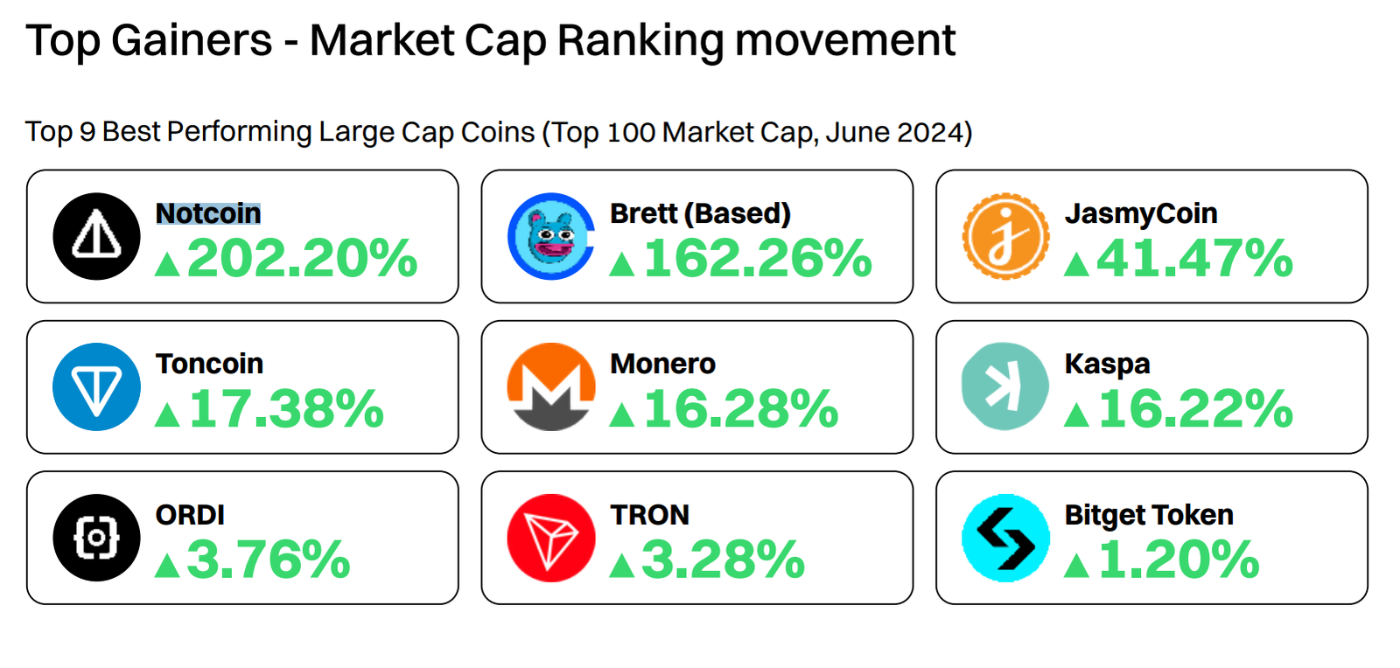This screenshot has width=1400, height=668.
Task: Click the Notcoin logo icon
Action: (96, 236)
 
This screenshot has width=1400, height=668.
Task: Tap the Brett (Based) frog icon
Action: (551, 236)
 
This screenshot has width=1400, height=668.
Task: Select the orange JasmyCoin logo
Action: (1005, 236)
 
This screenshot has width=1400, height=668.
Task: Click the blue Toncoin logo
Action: (96, 386)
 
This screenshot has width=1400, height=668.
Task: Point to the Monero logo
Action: (551, 386)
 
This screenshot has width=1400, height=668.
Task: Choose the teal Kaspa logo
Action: (1005, 386)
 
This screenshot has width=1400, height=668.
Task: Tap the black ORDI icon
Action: (96, 538)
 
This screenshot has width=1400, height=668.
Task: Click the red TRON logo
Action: (551, 538)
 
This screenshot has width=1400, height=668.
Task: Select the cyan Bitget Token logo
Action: (1005, 538)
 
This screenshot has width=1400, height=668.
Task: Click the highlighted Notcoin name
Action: (208, 213)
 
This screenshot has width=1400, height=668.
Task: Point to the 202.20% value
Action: (302, 259)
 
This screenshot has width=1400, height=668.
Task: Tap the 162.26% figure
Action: (758, 259)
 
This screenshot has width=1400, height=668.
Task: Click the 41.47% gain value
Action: (1194, 259)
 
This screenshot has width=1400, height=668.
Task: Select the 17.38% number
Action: (286, 409)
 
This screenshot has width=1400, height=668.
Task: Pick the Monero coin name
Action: (662, 364)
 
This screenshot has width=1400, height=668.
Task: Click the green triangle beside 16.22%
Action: (1076, 414)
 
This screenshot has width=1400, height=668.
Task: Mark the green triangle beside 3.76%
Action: (167, 566)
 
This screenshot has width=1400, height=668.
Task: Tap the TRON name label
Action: (649, 515)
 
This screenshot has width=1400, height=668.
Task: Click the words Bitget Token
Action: (1149, 515)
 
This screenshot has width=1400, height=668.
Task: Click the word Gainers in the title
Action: (192, 40)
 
